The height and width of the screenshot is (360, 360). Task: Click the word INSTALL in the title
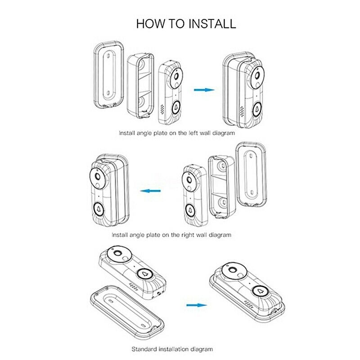212,23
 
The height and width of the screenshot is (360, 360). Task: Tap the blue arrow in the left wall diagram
204,90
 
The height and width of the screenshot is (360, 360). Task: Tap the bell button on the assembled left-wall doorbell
258,108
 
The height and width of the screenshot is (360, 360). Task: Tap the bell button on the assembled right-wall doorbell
98,209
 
